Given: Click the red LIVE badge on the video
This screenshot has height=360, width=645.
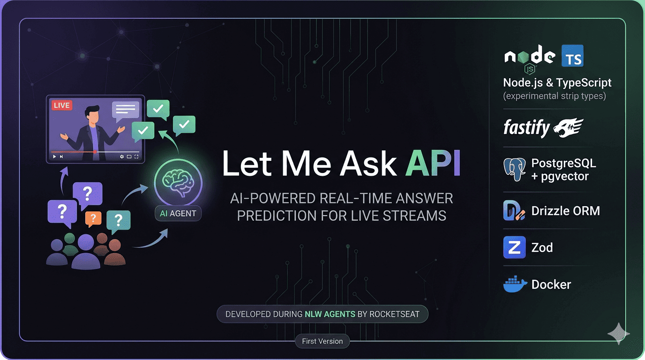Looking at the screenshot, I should click(x=61, y=105).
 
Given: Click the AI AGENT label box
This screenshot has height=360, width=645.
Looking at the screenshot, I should click(x=178, y=213).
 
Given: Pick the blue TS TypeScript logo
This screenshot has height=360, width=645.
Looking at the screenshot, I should click(x=572, y=56).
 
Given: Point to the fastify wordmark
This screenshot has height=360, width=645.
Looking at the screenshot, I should click(x=526, y=127).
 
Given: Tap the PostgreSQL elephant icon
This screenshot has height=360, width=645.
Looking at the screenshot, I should click(x=514, y=169).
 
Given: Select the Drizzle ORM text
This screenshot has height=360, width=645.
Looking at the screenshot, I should click(x=565, y=211).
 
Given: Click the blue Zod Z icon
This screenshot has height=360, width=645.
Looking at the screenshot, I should click(x=514, y=247).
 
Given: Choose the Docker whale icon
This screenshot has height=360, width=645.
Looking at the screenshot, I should click(x=515, y=284).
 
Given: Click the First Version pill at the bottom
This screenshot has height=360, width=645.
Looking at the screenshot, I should click(x=322, y=341).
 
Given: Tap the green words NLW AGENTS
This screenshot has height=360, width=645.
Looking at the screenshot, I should click(x=330, y=314).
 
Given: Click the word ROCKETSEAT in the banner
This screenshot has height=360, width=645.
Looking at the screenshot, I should click(x=395, y=314).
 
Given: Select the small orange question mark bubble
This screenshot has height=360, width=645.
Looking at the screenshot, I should click(x=93, y=218).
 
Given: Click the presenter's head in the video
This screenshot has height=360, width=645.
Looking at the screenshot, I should click(x=92, y=114).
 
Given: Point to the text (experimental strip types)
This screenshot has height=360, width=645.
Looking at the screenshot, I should click(x=555, y=96).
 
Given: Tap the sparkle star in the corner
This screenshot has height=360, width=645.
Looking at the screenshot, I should click(x=618, y=333).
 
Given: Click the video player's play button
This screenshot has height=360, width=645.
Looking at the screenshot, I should click(x=55, y=157).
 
